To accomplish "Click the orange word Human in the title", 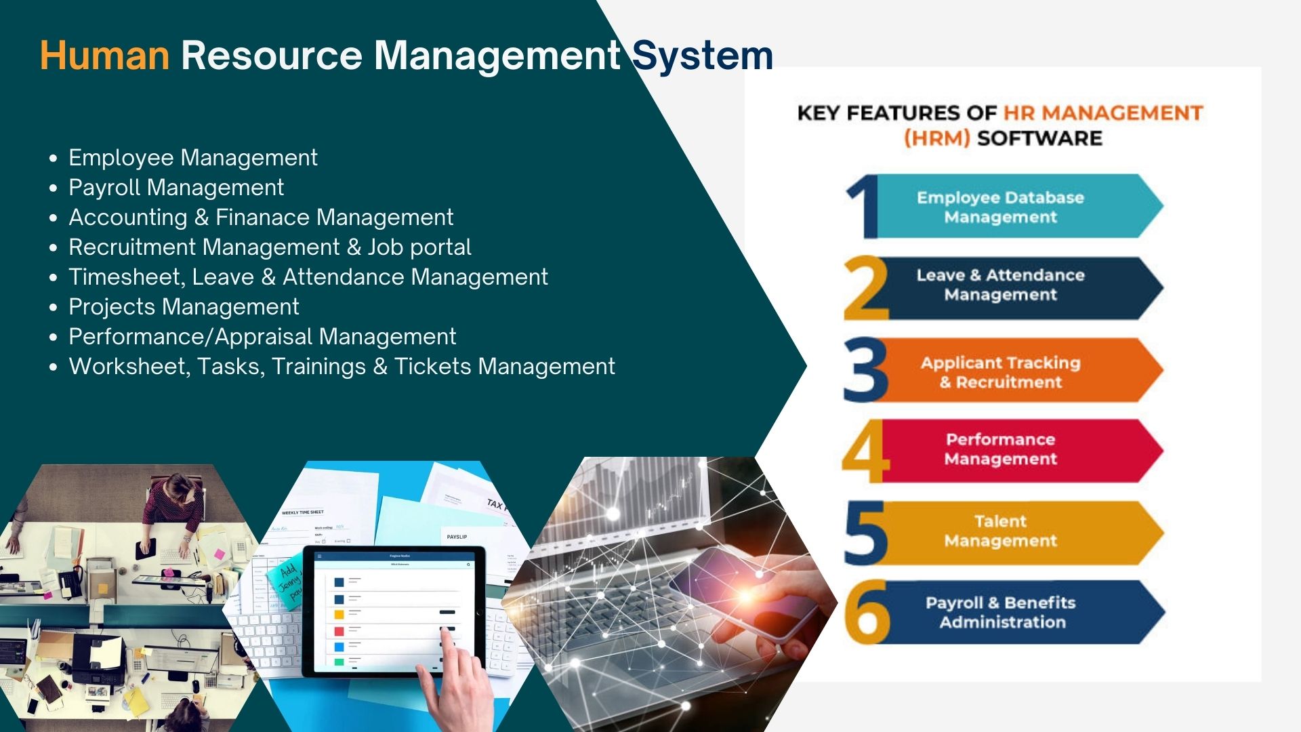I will [x=104, y=56].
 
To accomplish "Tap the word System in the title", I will [x=703, y=56].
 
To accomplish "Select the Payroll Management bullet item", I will [x=176, y=188].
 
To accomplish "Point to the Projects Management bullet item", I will [x=184, y=307].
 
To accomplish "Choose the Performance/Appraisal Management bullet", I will [x=262, y=337].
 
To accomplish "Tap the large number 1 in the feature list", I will [x=862, y=207].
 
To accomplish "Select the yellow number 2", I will [x=865, y=288].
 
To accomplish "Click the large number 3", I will [x=865, y=370].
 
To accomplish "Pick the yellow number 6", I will [x=867, y=613].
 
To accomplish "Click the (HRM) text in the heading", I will [x=936, y=138].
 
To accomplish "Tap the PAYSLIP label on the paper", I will [x=457, y=537].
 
